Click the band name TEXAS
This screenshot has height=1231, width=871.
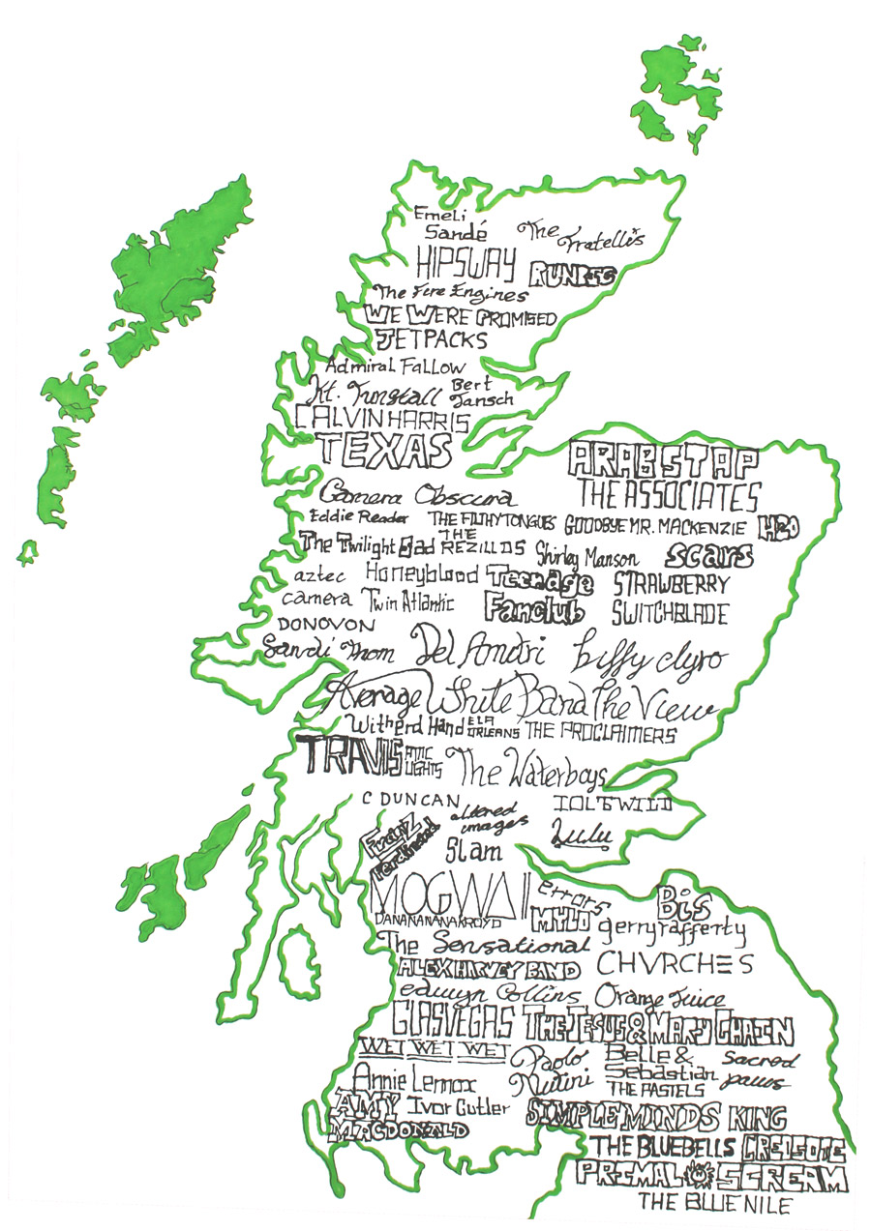[x=384, y=450]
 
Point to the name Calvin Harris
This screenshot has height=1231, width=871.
[x=382, y=420]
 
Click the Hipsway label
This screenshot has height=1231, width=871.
[x=466, y=261]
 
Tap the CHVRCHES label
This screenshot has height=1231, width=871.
[x=674, y=964]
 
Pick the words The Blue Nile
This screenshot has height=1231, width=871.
[x=714, y=1204]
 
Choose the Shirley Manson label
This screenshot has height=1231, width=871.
[x=586, y=558]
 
